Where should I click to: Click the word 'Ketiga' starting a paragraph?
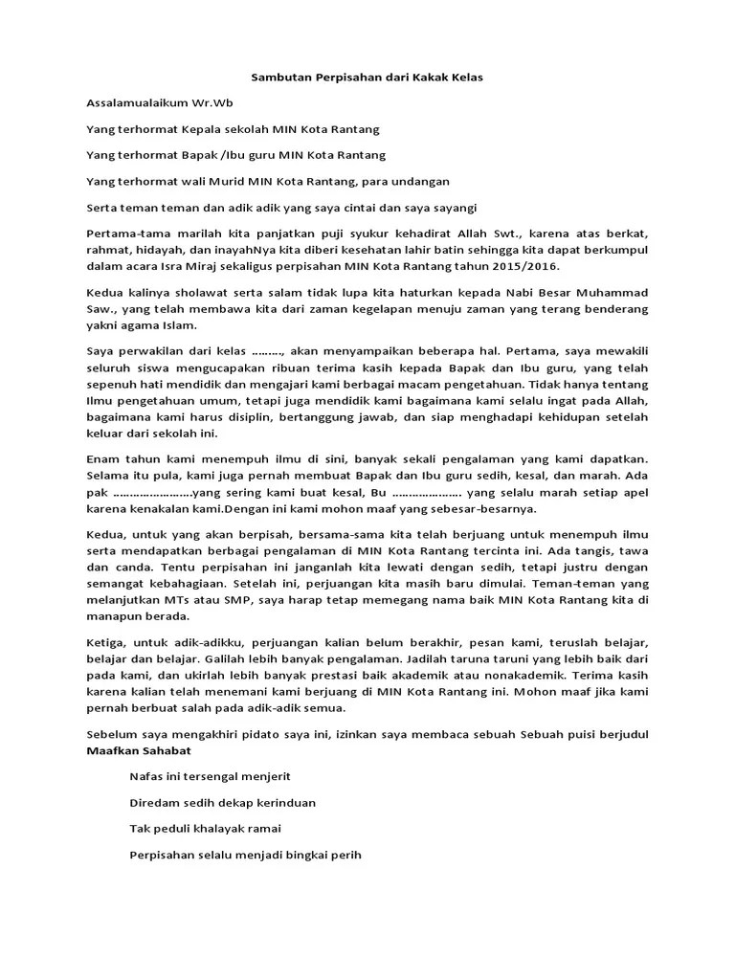(x=105, y=635)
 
